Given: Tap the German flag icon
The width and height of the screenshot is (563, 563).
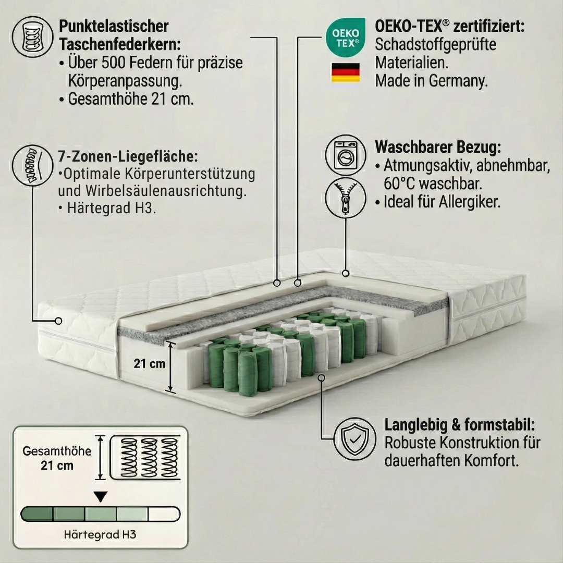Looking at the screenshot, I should (345, 72).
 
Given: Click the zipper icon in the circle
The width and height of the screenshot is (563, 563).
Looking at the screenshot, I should (345, 197).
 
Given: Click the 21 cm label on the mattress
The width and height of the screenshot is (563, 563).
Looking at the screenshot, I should (149, 363).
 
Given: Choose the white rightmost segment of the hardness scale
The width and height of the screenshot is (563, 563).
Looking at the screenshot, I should (164, 514).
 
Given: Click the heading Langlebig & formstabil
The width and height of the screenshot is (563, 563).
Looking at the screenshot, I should (460, 424).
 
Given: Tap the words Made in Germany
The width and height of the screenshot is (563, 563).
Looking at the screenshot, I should (431, 81).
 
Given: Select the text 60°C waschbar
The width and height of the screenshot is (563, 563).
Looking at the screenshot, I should (432, 184).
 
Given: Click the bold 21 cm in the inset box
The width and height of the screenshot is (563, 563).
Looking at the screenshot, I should (57, 466).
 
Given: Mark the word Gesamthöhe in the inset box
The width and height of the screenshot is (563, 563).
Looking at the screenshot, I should (57, 451).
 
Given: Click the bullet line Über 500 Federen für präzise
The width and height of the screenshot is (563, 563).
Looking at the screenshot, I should (155, 63).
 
